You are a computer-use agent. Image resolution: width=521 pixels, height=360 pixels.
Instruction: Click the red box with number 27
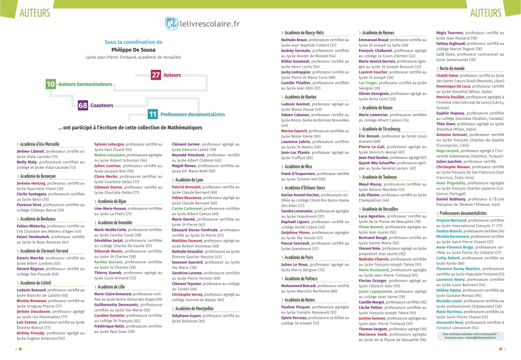point(156,75)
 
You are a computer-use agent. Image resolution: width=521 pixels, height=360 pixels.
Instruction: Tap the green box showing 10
point(50,84)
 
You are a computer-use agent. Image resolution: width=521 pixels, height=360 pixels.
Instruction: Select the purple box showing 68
point(82,105)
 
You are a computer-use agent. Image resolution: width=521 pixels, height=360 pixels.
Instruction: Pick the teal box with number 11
point(153,114)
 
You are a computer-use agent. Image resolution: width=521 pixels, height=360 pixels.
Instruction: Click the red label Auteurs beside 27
point(172,76)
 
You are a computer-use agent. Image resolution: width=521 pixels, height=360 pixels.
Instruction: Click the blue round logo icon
point(171,24)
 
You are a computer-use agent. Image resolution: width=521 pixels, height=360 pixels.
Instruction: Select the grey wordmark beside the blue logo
point(212,24)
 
